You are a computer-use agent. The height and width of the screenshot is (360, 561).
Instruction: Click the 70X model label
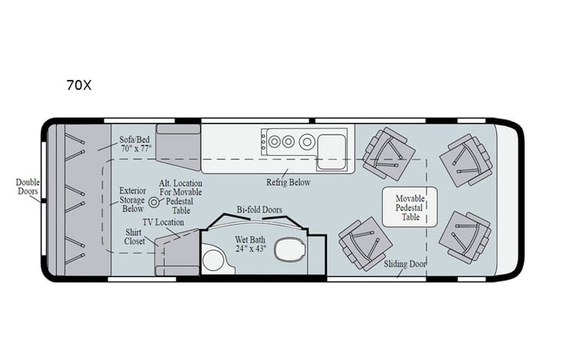click(78, 85)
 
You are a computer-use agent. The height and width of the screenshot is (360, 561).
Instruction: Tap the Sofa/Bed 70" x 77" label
click(135, 144)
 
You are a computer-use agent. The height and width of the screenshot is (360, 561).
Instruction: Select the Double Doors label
click(28, 187)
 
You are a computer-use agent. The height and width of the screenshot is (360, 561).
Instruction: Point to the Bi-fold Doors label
click(259, 210)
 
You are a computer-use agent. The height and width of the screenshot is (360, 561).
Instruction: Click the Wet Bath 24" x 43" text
click(251, 244)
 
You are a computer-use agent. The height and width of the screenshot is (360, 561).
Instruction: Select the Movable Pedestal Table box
click(410, 206)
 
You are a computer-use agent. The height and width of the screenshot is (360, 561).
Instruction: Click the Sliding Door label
click(406, 265)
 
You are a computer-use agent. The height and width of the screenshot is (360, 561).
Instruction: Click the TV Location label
click(163, 222)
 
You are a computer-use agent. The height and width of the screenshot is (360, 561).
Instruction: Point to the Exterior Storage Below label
click(132, 198)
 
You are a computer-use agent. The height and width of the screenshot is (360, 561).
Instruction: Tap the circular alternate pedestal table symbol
click(153, 203)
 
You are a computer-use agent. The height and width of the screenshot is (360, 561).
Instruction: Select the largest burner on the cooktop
click(307, 141)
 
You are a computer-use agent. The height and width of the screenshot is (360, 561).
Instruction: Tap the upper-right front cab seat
click(465, 160)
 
